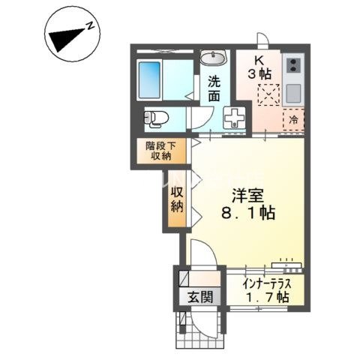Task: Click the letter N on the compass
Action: coord(90,25)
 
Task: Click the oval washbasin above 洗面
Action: coord(214,59)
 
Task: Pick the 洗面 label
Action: coord(213,89)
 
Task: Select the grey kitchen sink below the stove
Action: coord(292,93)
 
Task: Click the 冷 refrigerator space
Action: coord(292,119)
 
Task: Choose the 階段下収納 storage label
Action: coord(158,151)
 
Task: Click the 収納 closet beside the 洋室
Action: coord(176,199)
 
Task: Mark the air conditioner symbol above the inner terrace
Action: coord(287,263)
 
